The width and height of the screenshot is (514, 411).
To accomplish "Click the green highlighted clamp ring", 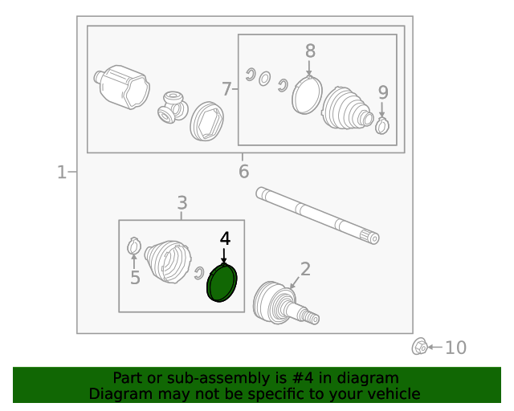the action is point(222,283).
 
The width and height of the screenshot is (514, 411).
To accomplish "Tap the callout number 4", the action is point(225,238).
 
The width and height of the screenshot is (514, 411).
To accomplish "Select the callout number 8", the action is point(310,51).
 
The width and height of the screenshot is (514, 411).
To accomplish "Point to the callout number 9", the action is point(383,92).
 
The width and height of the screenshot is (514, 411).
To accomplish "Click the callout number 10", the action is point(455,348).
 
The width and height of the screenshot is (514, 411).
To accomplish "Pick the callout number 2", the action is point(305,269).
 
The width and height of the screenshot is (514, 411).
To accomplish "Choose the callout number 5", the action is point(135,278).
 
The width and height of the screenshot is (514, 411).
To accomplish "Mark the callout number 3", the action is point(182,203).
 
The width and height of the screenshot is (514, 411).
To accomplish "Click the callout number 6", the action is point(243,172).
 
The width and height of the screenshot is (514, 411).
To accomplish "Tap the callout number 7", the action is point(226,89).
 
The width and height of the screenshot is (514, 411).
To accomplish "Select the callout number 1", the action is point(62,173).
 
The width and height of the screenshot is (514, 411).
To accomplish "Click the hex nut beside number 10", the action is point(419,347).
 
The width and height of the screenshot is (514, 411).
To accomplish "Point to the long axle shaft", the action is point(317,216).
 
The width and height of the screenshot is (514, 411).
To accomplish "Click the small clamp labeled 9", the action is point(382,125).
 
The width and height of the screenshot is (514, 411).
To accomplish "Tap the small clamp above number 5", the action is point(134,246).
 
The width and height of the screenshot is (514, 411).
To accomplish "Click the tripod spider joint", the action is point(173,108).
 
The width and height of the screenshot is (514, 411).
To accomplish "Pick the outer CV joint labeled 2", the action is point(285,303).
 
